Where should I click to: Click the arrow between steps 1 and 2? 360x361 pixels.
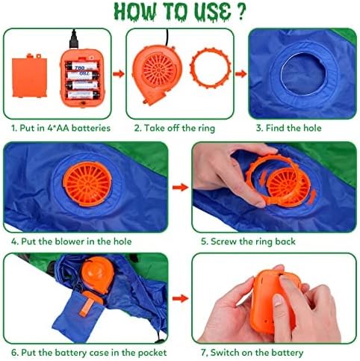coord(118,72)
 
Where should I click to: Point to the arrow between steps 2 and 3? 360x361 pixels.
coord(240,72)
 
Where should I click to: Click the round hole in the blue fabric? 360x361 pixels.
coord(301,70)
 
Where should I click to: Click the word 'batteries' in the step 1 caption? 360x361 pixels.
coord(90,128)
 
